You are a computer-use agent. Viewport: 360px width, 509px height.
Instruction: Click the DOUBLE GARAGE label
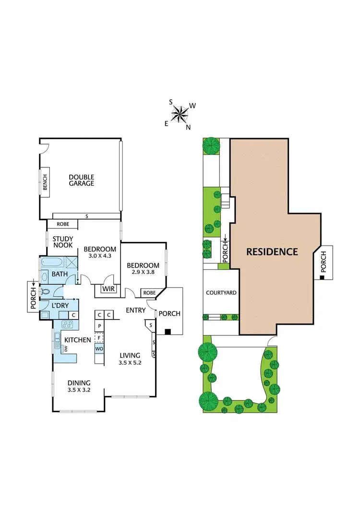[x=81, y=180]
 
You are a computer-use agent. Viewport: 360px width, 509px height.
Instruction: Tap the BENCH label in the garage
[x=45, y=181]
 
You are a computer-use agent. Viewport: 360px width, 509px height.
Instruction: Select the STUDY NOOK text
[x=62, y=242]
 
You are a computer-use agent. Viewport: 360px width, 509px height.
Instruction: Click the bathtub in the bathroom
[x=54, y=263]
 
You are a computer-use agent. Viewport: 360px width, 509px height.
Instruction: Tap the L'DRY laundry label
[x=49, y=305]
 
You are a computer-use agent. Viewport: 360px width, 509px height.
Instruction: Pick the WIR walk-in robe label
[x=108, y=289]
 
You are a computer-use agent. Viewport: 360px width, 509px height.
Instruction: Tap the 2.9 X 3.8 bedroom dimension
[x=143, y=272]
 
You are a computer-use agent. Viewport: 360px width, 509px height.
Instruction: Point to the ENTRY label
[x=136, y=310]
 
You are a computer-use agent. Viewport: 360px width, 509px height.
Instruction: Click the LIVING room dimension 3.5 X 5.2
[x=130, y=363]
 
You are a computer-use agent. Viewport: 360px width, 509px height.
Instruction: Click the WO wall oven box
[x=99, y=348]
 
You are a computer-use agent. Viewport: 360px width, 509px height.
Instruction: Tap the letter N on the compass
[x=188, y=127]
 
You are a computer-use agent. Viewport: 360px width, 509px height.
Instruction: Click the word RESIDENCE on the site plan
[x=272, y=251]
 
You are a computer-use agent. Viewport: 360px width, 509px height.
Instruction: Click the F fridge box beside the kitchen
[x=99, y=337]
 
